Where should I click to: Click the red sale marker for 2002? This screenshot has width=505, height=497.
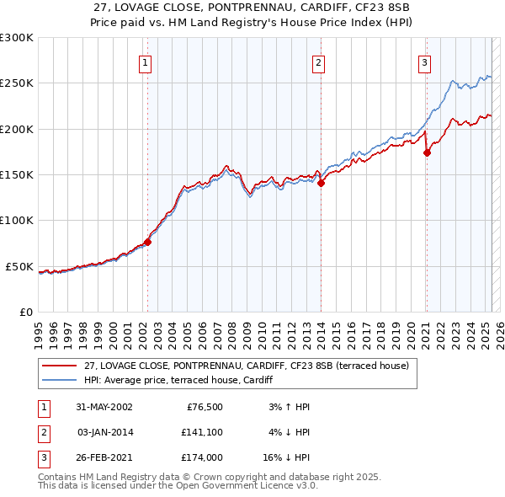pos(147,242)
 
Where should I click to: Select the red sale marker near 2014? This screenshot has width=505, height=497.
pos(321,183)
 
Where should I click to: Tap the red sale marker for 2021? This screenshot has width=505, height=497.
pos(427,152)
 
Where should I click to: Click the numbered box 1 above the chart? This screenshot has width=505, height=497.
pos(146,61)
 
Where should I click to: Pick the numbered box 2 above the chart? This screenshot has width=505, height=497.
pos(319,61)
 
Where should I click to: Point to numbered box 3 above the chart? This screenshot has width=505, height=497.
pos(425,61)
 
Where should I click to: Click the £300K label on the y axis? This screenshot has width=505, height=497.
pos(16,38)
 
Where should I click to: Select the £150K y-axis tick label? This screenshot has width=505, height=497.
pos(16,175)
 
